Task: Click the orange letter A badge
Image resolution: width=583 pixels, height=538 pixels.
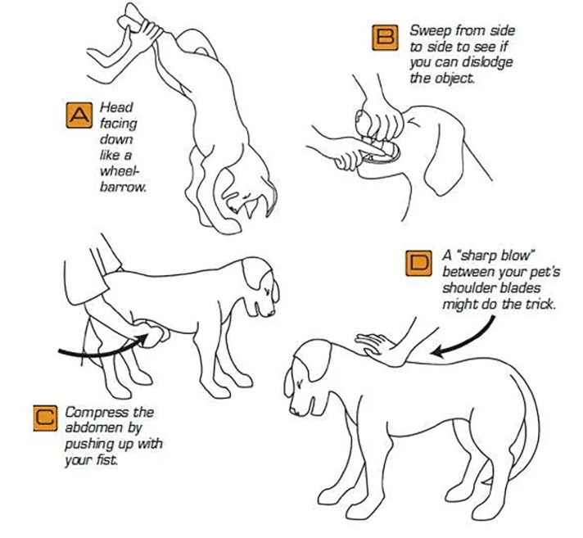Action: pos(79,115)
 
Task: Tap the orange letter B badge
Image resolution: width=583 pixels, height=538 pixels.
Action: pos(385,38)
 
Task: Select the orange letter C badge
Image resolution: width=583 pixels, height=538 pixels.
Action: pos(45,418)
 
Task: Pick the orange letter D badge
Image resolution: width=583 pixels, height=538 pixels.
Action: pos(418,263)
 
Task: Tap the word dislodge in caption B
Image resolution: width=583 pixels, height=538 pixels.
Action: pos(487,62)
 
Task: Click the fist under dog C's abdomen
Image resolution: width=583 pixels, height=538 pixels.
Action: pos(152,332)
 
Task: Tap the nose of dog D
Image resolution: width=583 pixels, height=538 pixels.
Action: pos(294,412)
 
